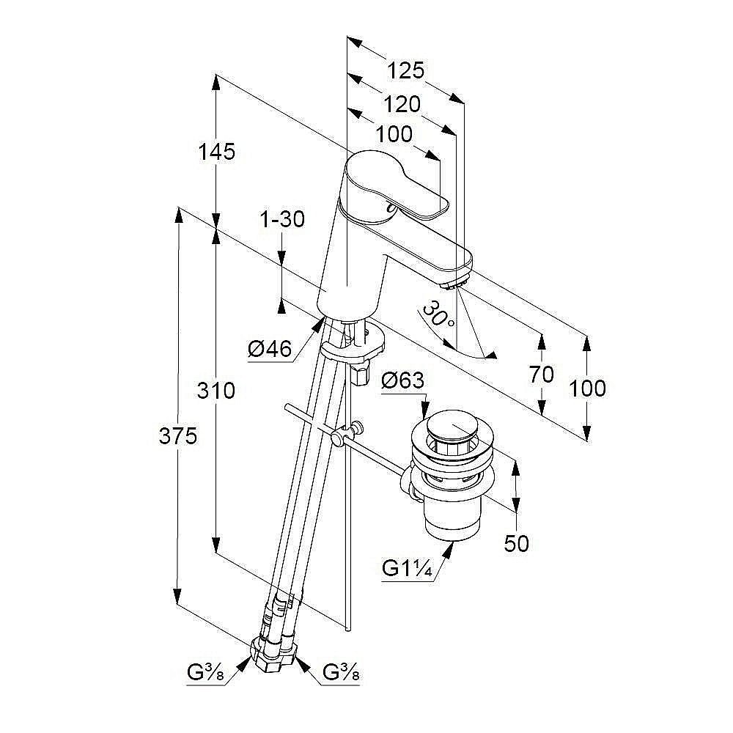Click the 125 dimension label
406,70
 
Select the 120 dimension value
402,104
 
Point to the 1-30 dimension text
281,219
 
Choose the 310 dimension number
216,391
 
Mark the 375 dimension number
178,436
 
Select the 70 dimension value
542,375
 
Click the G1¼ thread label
405,569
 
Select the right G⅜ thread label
341,672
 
